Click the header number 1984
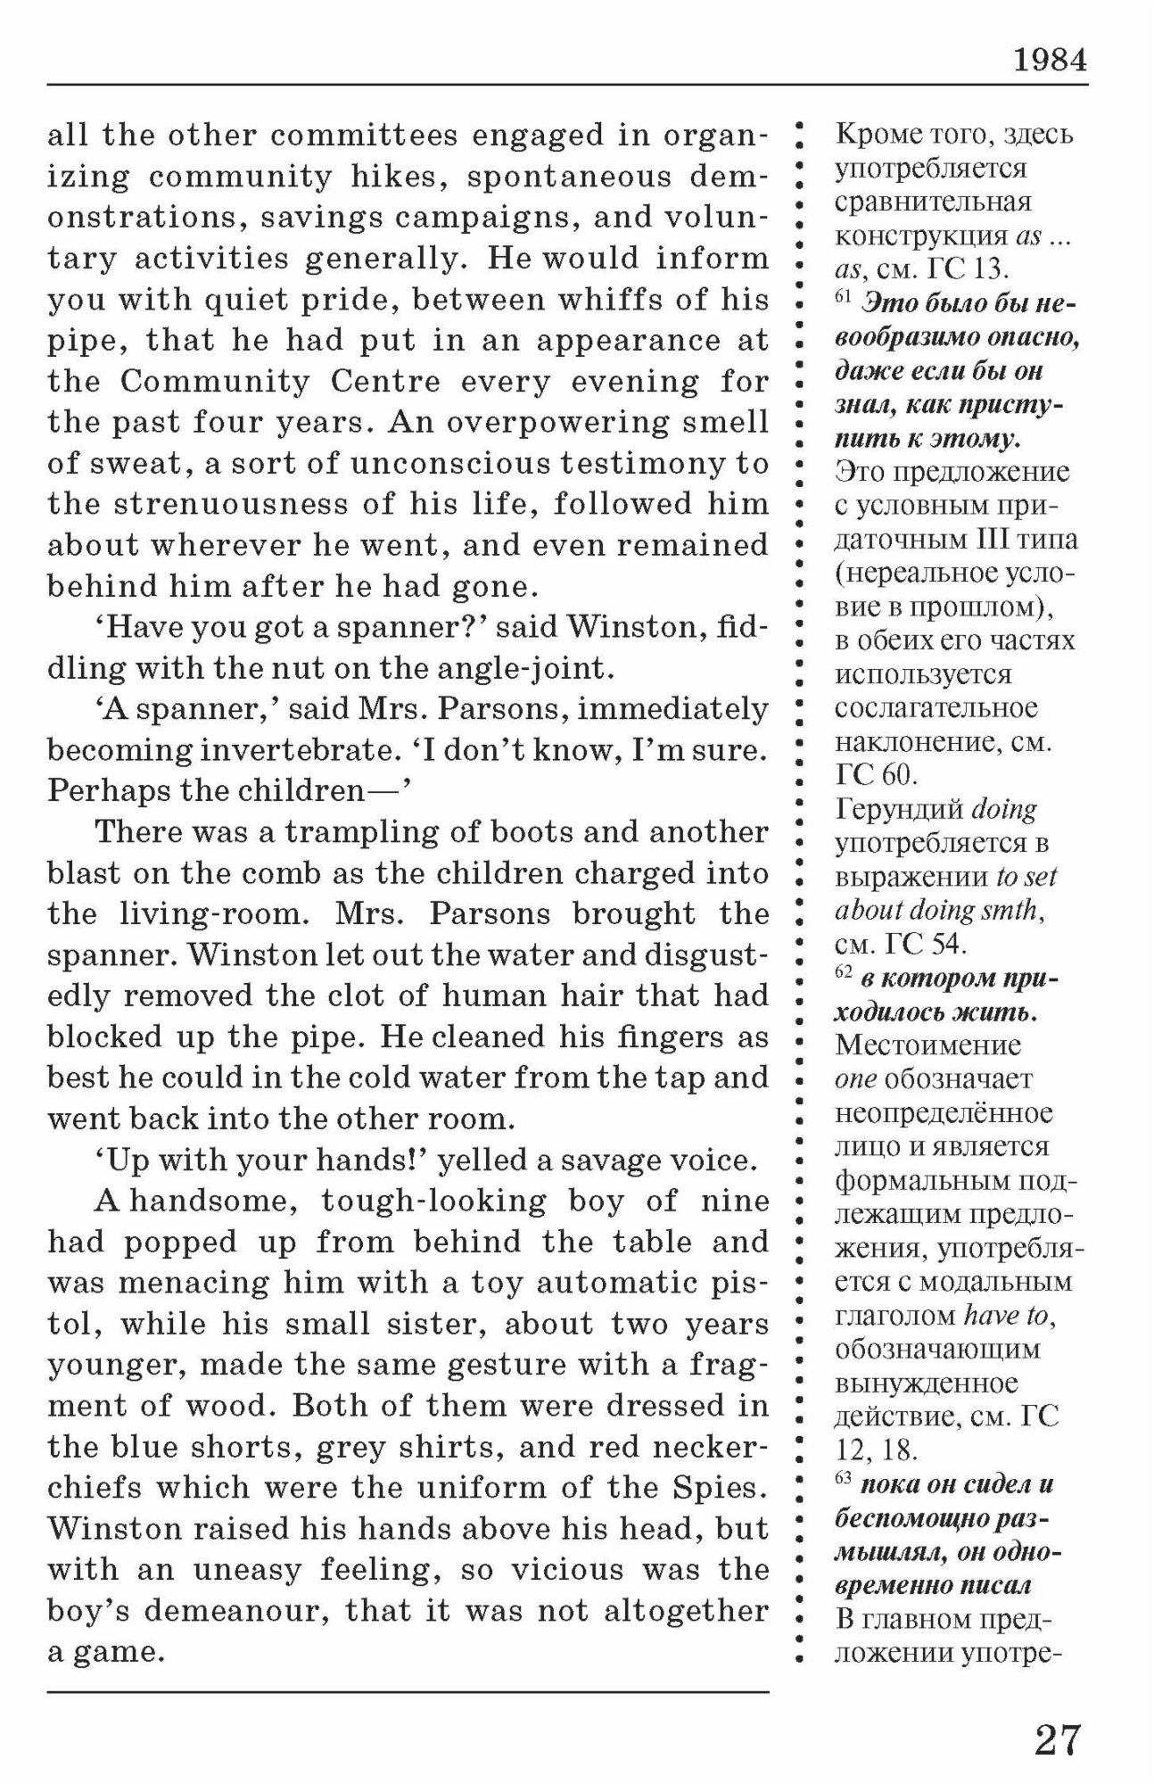click(1050, 61)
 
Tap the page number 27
click(1058, 1740)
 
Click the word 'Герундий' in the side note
click(899, 810)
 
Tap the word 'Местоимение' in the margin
click(927, 1045)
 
